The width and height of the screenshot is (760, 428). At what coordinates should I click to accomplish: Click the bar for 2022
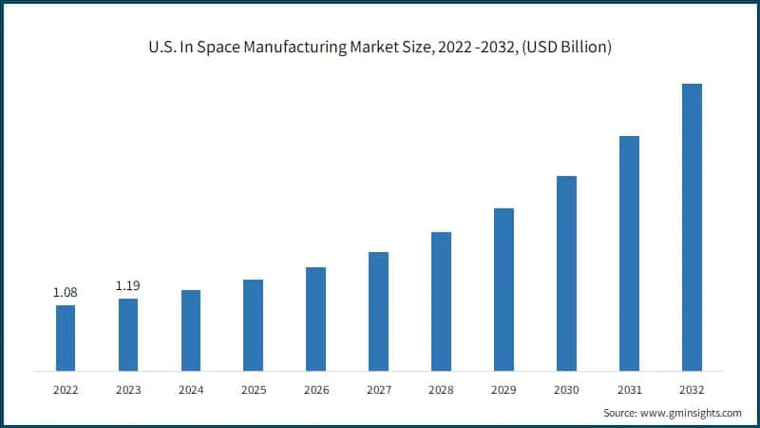point(66,338)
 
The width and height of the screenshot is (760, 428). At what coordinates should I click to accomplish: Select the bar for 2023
point(127,335)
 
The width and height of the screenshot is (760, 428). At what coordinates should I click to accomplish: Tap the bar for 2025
point(253,325)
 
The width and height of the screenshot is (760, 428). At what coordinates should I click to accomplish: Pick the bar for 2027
point(378,311)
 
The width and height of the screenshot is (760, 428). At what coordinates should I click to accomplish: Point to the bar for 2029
point(503,289)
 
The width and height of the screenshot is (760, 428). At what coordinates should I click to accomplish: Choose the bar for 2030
point(566,273)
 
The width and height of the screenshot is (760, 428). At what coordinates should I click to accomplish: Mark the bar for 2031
point(629,253)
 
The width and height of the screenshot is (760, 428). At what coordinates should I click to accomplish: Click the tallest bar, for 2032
point(692,227)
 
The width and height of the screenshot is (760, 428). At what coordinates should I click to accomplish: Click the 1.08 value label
point(65,293)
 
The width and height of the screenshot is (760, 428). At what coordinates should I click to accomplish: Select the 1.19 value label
point(127,285)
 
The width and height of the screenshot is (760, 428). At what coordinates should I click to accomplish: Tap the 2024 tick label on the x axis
point(190,389)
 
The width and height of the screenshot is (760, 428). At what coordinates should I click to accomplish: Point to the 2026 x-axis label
point(315,389)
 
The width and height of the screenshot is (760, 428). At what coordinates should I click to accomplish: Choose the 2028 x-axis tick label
point(441,389)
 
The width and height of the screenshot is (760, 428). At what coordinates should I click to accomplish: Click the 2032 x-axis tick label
point(692,389)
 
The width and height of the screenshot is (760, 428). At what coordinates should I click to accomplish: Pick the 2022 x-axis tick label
point(66,389)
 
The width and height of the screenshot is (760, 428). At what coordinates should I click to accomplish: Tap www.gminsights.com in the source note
point(691,413)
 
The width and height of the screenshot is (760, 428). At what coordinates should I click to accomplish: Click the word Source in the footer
point(620,413)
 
